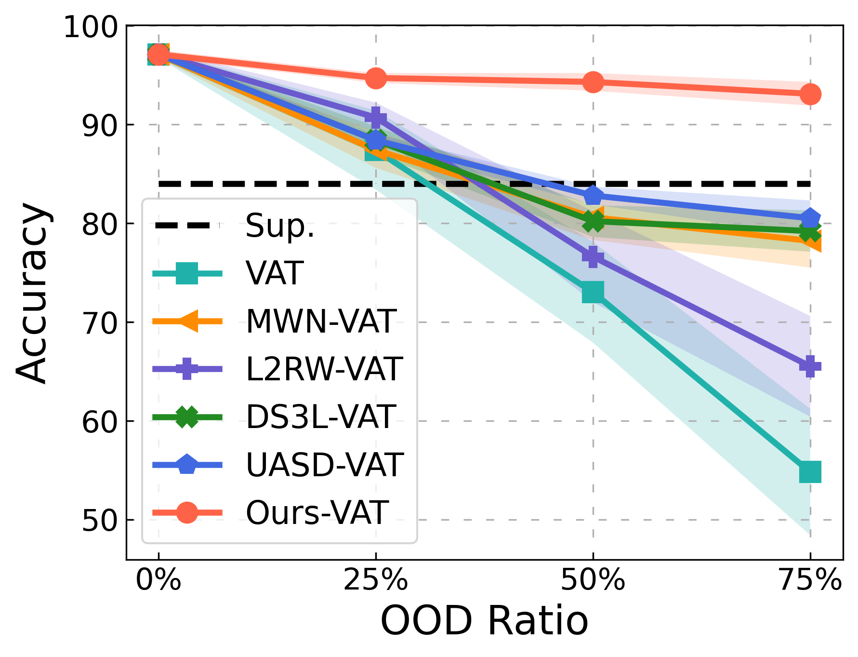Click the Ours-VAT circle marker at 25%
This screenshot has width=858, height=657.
tap(376, 78)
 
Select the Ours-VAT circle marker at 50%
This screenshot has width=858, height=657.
tap(593, 82)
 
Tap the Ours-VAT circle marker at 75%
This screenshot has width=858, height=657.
tap(810, 94)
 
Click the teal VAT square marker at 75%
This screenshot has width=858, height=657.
tap(810, 472)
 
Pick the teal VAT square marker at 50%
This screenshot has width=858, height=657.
tap(593, 293)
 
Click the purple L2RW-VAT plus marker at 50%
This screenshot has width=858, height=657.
tap(593, 256)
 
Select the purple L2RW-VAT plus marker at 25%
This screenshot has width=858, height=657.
tap(376, 117)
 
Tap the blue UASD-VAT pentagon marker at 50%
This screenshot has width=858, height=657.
tap(593, 196)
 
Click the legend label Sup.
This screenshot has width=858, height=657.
tap(280, 226)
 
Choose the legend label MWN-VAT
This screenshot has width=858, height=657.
tap(321, 322)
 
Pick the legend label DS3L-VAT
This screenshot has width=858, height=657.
tap(321, 417)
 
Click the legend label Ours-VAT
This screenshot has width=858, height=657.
tap(317, 512)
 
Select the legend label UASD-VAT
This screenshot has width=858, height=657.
tap(324, 465)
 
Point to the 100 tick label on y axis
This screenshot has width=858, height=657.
tap(91, 27)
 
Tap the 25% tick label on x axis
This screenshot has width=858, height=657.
tap(376, 580)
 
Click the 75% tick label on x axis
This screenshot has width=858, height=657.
tap(810, 580)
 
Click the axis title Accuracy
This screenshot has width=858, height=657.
tap(32, 293)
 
